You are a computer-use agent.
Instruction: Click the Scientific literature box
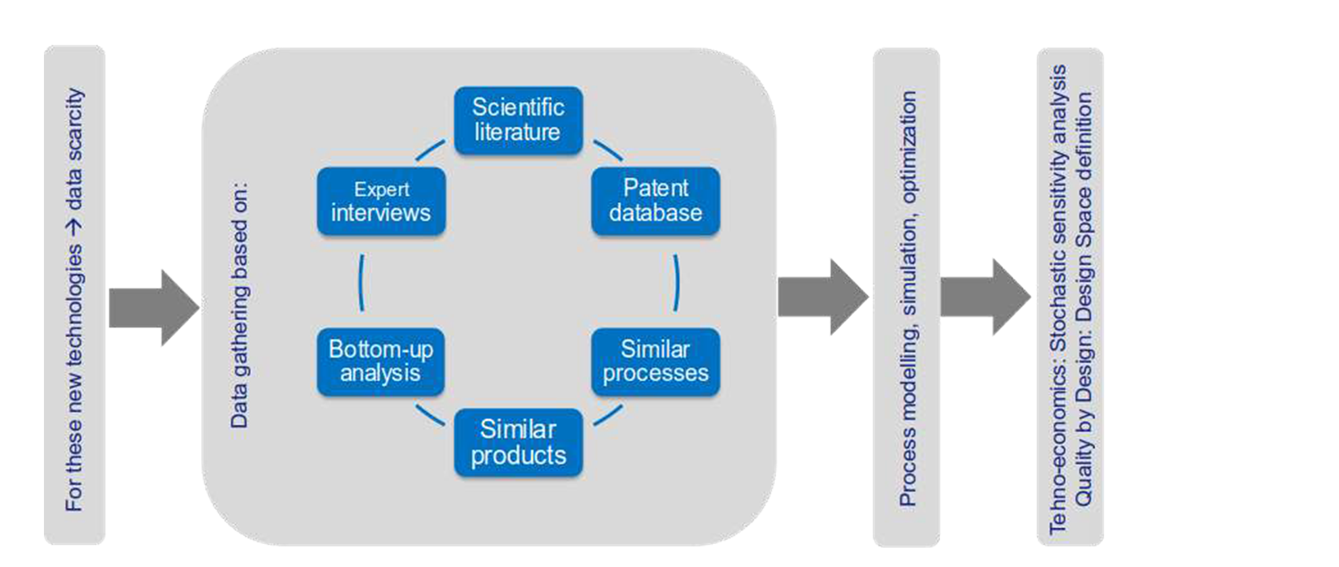point(518,120)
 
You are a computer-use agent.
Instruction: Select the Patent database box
point(655,201)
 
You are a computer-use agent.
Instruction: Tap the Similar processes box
point(655,362)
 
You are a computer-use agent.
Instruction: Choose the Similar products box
point(518,443)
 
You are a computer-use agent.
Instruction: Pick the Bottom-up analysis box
point(381,362)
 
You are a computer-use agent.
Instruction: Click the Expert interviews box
point(381,201)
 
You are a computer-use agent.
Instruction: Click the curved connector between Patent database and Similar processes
point(676,282)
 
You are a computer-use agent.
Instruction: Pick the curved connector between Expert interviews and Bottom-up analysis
point(362,282)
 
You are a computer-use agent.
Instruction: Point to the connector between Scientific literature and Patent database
point(608,150)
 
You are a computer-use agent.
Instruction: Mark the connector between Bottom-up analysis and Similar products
point(429,415)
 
